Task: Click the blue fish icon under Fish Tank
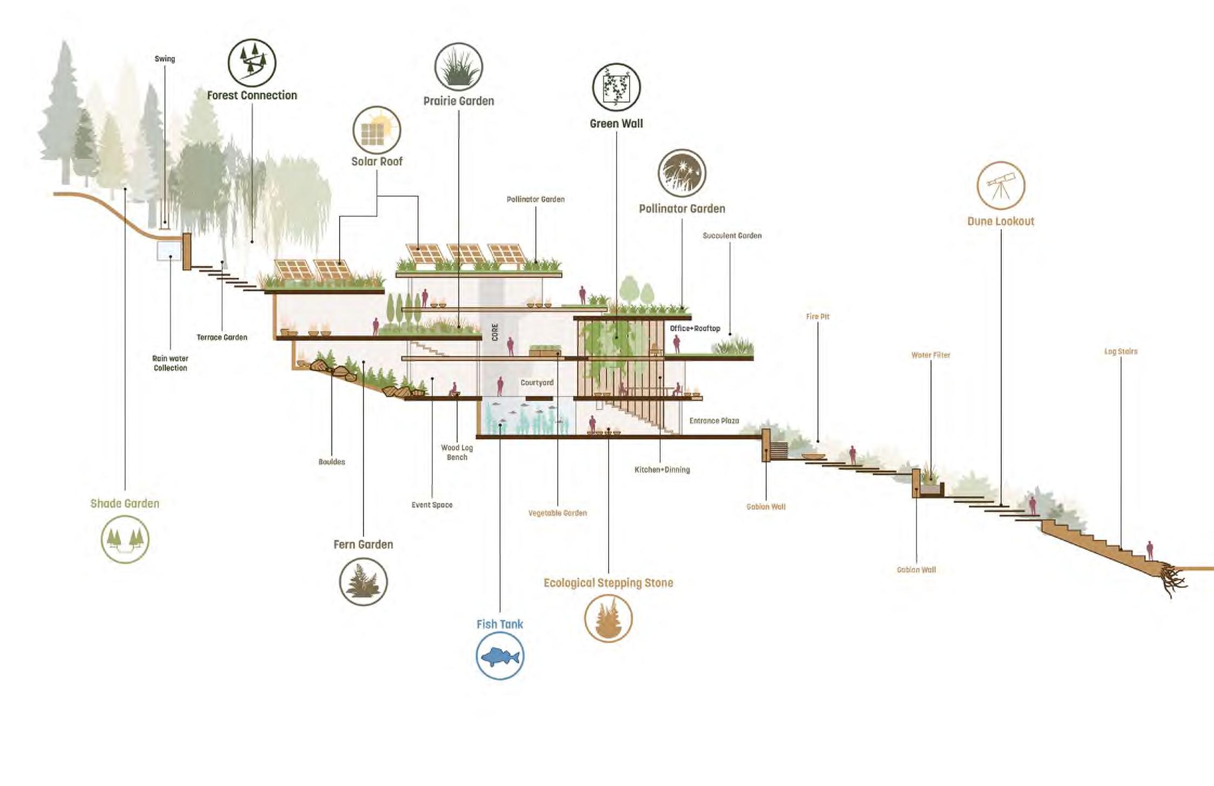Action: click(x=500, y=656)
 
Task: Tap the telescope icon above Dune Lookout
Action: click(x=1001, y=186)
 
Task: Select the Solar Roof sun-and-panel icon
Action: click(x=377, y=130)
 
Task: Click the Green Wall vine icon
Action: click(x=616, y=87)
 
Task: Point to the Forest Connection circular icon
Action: click(x=252, y=63)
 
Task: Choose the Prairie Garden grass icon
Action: click(x=459, y=67)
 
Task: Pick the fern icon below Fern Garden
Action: click(x=363, y=581)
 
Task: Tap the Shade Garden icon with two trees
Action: click(x=125, y=539)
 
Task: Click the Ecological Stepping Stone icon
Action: click(x=608, y=618)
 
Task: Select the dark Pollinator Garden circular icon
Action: click(x=682, y=173)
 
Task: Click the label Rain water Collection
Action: click(x=170, y=363)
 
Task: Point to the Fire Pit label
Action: click(x=817, y=317)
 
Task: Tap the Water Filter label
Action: click(x=931, y=355)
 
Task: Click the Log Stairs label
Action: click(x=1120, y=351)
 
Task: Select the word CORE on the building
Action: click(x=495, y=332)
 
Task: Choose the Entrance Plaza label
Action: click(x=714, y=421)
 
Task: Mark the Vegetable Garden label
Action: click(x=557, y=513)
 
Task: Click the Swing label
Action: click(x=164, y=59)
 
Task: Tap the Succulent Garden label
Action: click(x=732, y=235)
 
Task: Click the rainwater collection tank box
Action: click(x=169, y=251)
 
